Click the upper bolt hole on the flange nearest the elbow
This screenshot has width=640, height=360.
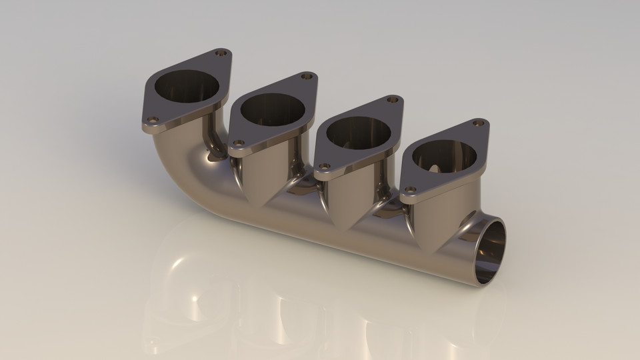click(222, 53)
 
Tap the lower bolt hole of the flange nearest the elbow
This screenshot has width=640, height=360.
click(152, 120)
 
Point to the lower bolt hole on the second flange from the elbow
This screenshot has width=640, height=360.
click(238, 143)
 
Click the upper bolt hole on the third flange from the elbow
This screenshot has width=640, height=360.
click(393, 100)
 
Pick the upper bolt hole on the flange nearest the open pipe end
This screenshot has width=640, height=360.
click(478, 123)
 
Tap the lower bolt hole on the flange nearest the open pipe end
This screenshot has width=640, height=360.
click(409, 191)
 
